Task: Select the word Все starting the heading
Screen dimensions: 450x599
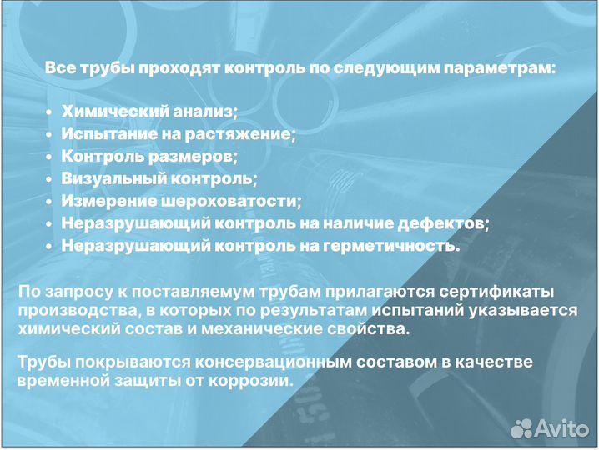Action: pos(58,67)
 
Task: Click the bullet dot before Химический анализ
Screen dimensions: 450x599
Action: pos(49,112)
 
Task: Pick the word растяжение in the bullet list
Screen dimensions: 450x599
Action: pos(247,133)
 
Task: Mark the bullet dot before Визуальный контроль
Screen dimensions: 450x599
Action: pos(49,179)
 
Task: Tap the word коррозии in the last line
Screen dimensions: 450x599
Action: pos(256,382)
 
